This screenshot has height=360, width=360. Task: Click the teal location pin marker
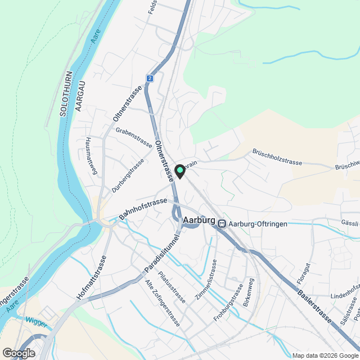click(x=179, y=171)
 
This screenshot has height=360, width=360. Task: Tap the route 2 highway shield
click(x=150, y=79)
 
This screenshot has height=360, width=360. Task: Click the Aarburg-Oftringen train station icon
click(x=222, y=223)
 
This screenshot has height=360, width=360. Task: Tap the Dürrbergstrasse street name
click(x=128, y=175)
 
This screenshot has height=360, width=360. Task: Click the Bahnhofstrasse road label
click(x=143, y=209)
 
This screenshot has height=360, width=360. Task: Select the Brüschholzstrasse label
click(x=277, y=157)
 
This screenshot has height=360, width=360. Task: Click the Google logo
click(x=19, y=353)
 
